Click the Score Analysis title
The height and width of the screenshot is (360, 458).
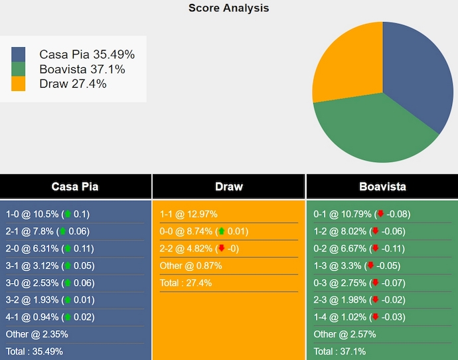[x=228, y=8]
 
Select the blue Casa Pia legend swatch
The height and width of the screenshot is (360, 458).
[x=19, y=54]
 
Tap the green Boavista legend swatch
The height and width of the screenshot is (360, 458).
[x=19, y=69]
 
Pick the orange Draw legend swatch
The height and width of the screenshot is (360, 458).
[x=19, y=84]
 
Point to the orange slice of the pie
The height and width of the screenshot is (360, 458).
[x=345, y=63]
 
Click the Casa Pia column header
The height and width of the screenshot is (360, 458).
[x=75, y=187]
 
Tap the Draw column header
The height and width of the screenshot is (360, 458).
[x=228, y=187]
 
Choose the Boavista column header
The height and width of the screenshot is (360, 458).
[x=382, y=187]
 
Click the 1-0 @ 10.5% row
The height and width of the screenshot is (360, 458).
[x=47, y=214]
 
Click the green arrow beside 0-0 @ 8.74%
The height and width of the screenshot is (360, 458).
[x=221, y=231]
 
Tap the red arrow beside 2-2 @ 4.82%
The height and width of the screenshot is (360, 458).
[x=221, y=248]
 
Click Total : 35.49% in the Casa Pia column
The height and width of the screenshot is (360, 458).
[x=35, y=351]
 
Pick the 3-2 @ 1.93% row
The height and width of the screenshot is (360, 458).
[x=47, y=300]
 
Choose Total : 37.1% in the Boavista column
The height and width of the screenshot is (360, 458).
[x=339, y=351]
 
